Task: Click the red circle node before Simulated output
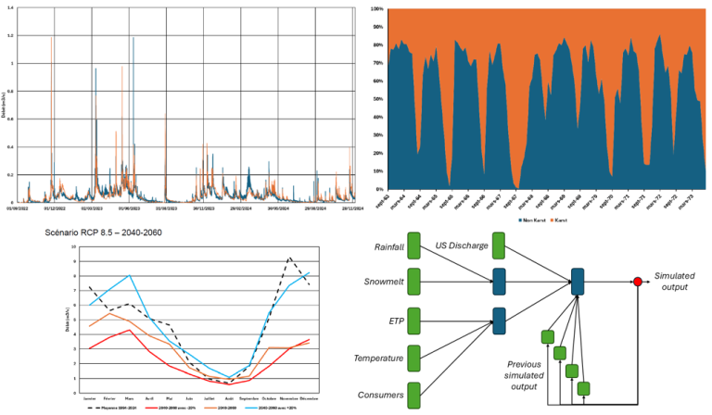(637, 281)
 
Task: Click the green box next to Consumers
(413, 395)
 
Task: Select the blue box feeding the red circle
(577, 282)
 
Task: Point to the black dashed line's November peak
(289, 258)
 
